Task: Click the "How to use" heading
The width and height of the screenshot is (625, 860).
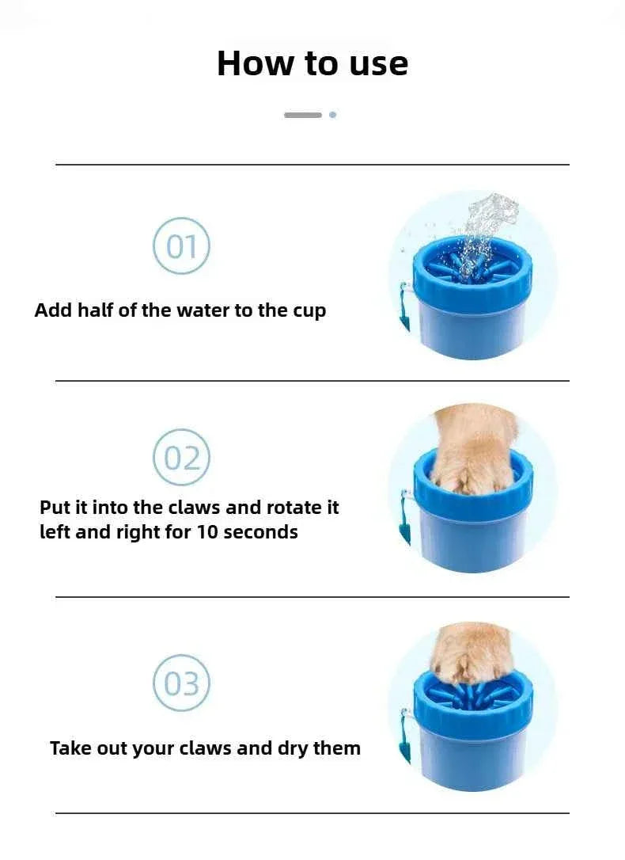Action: tap(312, 63)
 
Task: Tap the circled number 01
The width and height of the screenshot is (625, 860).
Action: tap(181, 247)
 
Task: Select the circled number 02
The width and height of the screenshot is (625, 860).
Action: tap(181, 458)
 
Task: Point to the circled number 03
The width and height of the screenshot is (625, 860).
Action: tap(181, 683)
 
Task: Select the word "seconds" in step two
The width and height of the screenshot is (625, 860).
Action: tap(261, 532)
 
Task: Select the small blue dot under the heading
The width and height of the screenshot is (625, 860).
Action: tap(332, 115)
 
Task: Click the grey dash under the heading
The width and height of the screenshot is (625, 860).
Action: tap(303, 115)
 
